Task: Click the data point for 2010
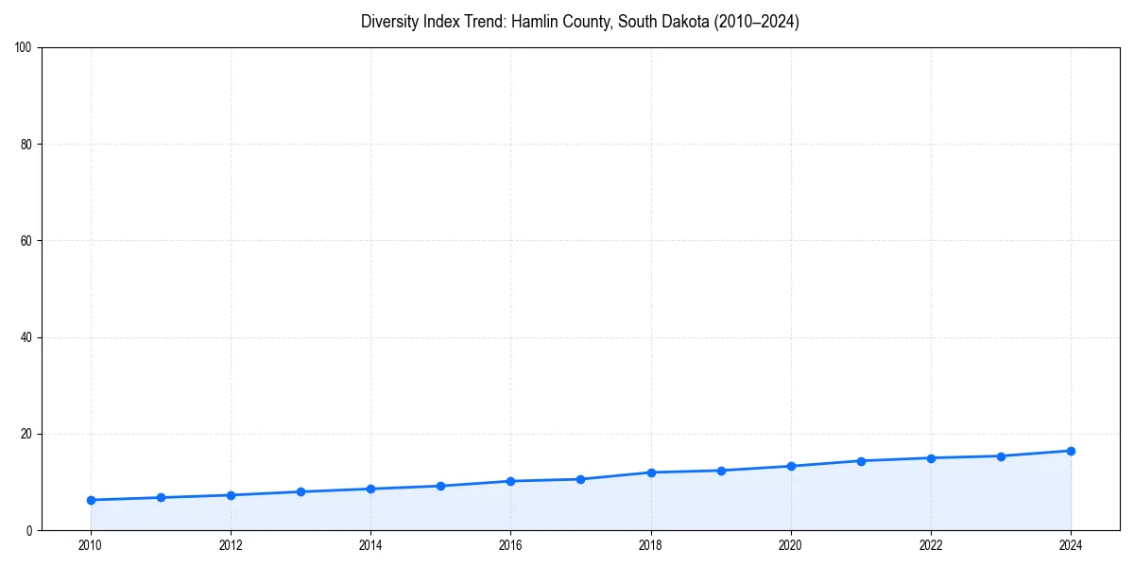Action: point(91,500)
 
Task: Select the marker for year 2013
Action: point(301,491)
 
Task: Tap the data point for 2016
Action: point(510,481)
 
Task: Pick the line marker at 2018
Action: point(651,472)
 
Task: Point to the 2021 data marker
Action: point(861,461)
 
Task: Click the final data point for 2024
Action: point(1071,451)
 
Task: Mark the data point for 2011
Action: point(161,497)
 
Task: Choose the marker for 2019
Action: point(721,471)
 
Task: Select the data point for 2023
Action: point(1001,455)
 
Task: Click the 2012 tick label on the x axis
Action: point(231,545)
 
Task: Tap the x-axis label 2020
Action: point(791,545)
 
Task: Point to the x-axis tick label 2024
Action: point(1071,545)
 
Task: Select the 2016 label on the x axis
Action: point(510,545)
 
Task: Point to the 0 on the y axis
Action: point(30,530)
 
